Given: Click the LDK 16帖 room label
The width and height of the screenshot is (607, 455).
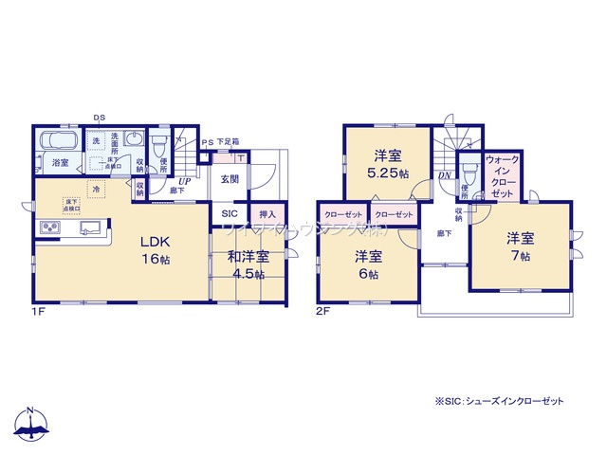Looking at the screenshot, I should click(x=156, y=248).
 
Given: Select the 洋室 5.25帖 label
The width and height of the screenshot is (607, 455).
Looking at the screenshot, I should click(x=388, y=163).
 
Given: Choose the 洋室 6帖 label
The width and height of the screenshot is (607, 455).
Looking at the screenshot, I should click(x=369, y=264).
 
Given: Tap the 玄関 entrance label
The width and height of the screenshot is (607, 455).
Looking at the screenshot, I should click(x=230, y=178).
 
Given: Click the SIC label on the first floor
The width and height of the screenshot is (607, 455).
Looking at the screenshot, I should click(x=230, y=214).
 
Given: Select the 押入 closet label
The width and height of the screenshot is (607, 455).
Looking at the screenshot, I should click(x=267, y=214).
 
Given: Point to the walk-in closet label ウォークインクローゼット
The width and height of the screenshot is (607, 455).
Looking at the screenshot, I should click(x=502, y=176).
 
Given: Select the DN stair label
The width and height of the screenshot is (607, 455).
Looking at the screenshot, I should click(x=444, y=177).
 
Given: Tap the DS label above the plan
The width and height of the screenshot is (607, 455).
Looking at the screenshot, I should click(x=98, y=118).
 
